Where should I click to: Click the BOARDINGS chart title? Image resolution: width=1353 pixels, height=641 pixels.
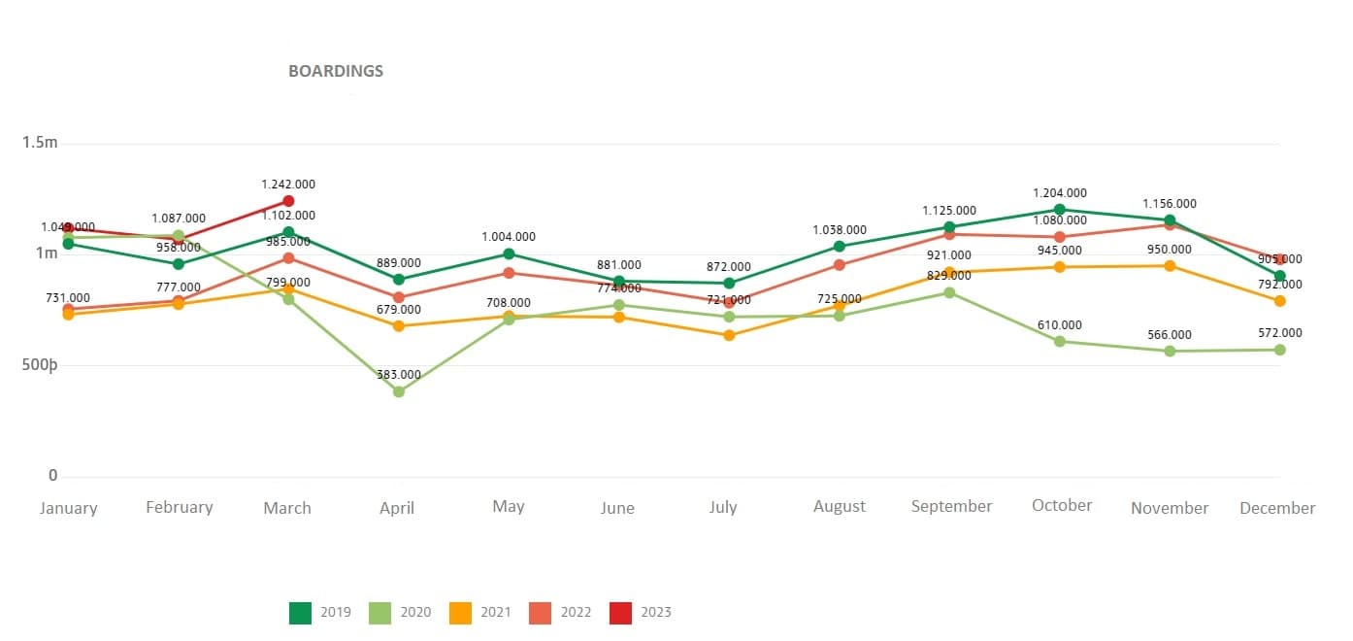click(336, 71)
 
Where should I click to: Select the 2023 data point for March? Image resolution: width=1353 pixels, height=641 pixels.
click(288, 201)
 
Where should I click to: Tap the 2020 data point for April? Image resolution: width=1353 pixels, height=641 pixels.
click(398, 391)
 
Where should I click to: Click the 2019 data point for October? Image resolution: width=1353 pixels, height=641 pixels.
click(1060, 209)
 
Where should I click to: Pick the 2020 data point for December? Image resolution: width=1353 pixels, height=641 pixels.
click(1280, 350)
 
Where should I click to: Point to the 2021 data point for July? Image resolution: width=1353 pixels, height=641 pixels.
click(729, 335)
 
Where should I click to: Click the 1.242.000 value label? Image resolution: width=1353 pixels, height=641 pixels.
click(288, 185)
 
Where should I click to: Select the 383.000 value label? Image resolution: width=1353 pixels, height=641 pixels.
click(398, 375)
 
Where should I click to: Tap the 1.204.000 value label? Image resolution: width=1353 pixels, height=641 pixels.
click(1060, 193)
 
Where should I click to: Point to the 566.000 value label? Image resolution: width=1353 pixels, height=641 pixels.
click(1170, 335)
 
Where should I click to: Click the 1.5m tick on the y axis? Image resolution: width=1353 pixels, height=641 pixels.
click(40, 143)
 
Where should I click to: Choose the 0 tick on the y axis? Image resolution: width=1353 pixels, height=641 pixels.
click(53, 475)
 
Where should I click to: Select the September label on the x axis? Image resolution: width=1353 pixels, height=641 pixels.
click(951, 506)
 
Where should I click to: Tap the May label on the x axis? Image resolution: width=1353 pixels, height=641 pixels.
click(509, 506)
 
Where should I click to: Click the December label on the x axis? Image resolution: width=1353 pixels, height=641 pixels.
click(1277, 508)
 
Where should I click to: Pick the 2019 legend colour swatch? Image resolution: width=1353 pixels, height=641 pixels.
click(301, 613)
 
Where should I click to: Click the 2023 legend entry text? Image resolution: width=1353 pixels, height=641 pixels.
click(655, 613)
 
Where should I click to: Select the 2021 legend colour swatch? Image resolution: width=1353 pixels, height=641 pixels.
click(461, 613)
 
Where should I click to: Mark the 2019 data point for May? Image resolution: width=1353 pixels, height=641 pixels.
click(509, 253)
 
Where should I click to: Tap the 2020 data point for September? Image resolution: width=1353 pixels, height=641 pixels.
click(949, 292)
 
